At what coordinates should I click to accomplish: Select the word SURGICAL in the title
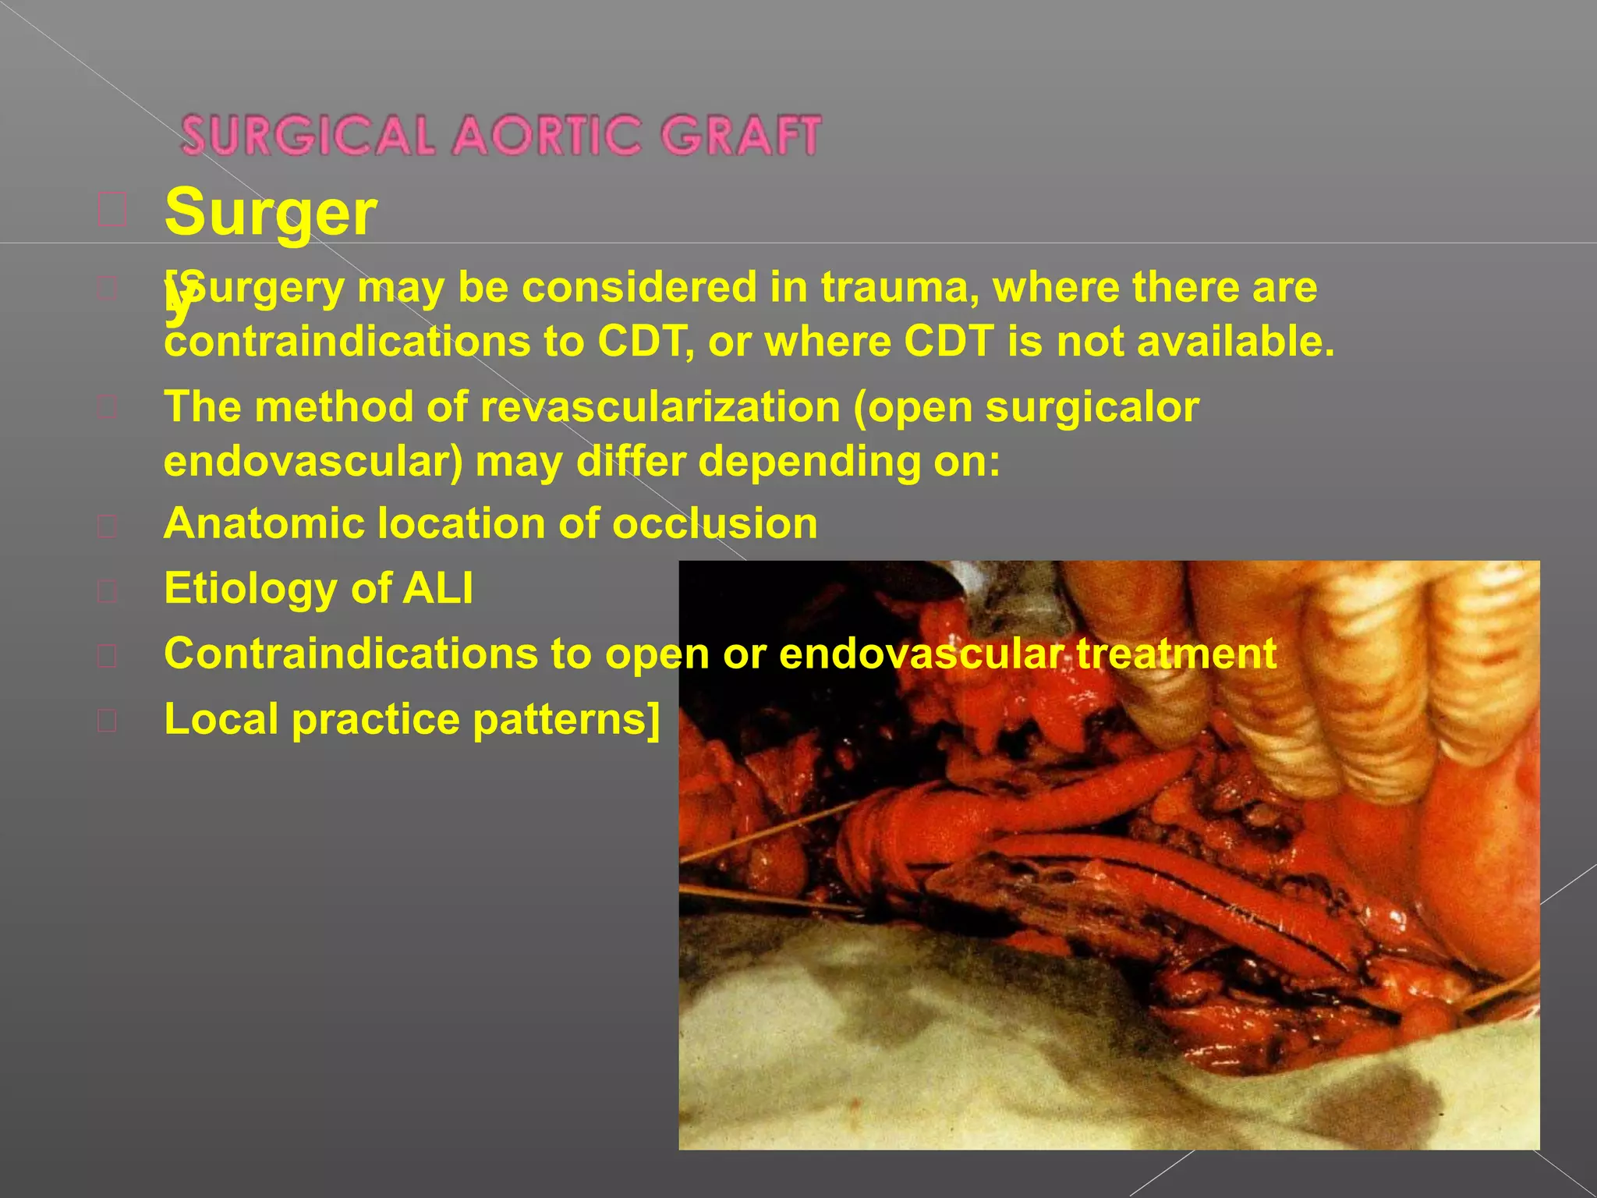coord(308,136)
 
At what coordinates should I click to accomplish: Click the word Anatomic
coord(264,523)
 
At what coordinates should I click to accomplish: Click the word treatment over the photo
coord(1176,654)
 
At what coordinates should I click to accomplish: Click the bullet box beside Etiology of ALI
coord(108,591)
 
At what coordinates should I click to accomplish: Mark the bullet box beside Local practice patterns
coord(108,721)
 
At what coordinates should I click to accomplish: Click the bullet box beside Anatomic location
coord(108,526)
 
